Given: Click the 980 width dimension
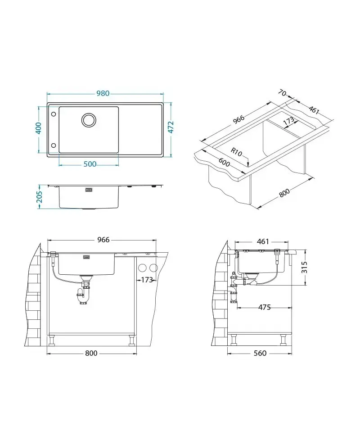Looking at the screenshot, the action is pos(103,93).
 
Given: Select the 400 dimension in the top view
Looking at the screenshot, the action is pos(38,128).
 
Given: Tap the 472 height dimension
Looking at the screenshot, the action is pos(171,127).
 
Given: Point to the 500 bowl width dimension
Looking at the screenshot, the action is pos(90,164).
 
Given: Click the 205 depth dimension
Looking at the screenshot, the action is pos(39,196).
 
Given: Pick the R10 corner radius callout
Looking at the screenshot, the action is pos(236,152).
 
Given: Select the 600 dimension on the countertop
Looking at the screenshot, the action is pos(224,162).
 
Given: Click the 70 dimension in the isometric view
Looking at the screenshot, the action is pos(282,93).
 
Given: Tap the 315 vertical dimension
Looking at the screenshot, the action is pos(304,268).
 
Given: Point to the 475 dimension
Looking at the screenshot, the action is pos(264,307).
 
